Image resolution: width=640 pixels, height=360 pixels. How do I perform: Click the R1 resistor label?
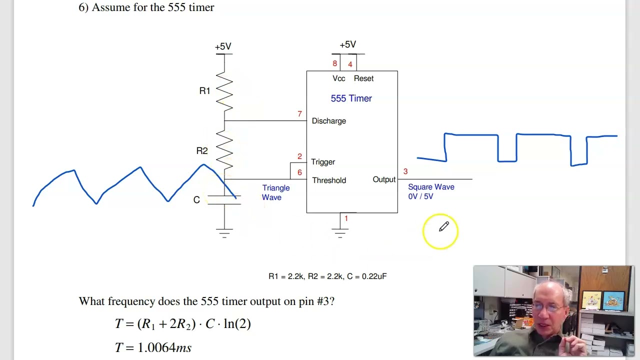[x=204, y=90]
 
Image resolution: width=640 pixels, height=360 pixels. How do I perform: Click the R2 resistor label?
[x=202, y=150]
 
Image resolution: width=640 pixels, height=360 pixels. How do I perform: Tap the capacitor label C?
[x=196, y=200]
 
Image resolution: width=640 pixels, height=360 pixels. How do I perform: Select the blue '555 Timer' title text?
[x=351, y=98]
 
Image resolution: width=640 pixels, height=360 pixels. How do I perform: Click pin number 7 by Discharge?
[x=299, y=114]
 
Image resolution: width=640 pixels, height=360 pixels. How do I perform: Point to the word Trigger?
[x=323, y=162]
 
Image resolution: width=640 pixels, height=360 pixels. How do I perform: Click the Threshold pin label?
[x=329, y=180]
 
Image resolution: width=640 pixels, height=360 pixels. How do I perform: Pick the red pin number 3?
[x=405, y=171]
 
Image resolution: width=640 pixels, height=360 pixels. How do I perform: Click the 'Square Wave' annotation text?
[x=431, y=187]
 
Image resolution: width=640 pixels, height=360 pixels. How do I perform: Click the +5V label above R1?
[x=223, y=46]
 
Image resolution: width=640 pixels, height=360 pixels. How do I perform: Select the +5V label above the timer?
[x=347, y=44]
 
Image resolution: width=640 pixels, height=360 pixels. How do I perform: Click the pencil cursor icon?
[x=443, y=227]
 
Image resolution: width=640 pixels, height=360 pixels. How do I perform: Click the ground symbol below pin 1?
[x=340, y=232]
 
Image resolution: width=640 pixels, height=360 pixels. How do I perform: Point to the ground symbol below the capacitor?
[x=224, y=232]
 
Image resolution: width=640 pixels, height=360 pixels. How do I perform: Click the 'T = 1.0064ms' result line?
[x=153, y=347]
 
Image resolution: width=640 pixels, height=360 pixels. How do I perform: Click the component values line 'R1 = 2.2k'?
[x=327, y=276]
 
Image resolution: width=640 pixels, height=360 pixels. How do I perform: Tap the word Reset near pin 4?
[x=363, y=78]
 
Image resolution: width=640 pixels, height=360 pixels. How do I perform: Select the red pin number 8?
[x=335, y=63]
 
